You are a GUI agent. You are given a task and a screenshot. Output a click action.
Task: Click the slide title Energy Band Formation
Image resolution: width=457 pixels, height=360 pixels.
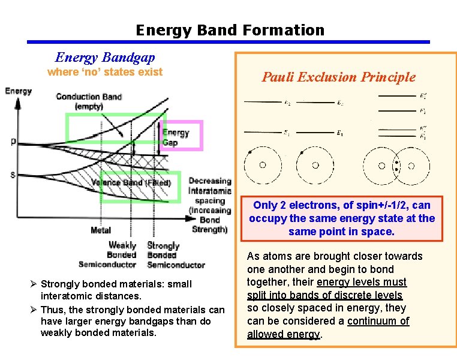point(230,30)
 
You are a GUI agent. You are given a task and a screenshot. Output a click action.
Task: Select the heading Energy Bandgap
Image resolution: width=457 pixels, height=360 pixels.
point(105,58)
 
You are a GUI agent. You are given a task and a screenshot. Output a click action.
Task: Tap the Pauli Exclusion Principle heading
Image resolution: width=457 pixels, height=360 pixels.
point(338,77)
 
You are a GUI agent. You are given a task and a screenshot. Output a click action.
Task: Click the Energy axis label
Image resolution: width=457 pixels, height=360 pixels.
point(19,91)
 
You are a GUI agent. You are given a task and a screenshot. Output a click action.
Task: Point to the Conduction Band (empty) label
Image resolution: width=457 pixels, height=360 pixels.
point(88,101)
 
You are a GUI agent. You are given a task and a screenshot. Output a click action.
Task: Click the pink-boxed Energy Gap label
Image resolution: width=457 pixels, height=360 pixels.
point(176,137)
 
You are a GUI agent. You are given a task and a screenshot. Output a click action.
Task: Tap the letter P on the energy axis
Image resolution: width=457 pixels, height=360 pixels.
point(13,142)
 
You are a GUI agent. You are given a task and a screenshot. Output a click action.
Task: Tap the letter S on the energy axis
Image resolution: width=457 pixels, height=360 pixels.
point(13,175)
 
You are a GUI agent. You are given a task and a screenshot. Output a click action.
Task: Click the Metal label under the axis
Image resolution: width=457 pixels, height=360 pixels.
point(101,230)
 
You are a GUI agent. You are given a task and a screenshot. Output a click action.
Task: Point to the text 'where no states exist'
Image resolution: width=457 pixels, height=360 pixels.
point(105,72)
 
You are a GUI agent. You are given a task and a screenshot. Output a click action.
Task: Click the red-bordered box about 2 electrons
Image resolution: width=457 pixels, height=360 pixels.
point(342,218)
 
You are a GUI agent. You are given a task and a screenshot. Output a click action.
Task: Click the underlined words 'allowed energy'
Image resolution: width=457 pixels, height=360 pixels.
point(284,334)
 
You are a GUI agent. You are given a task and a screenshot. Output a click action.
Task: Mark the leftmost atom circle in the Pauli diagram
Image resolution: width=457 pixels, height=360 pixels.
point(262,164)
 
